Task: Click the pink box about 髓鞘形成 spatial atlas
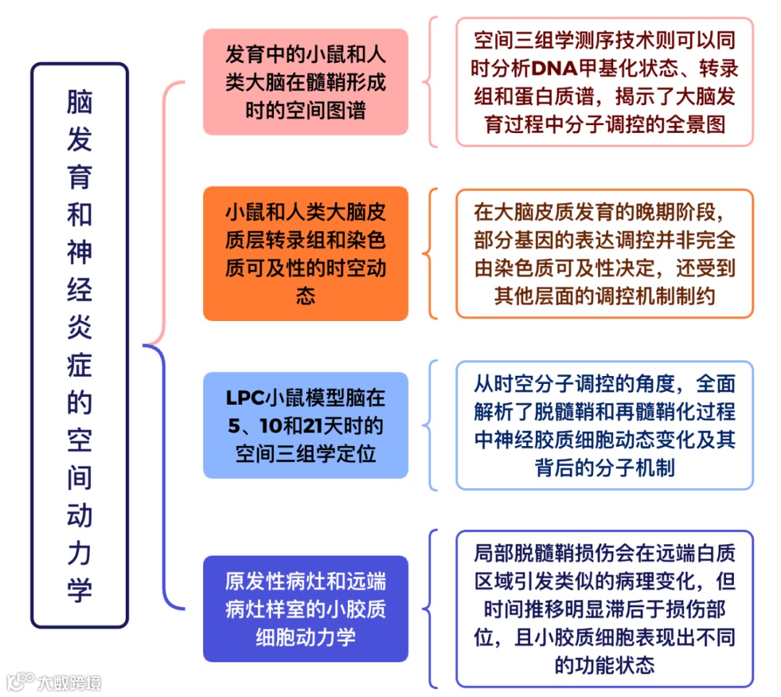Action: click(x=305, y=82)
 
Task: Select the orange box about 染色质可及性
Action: click(x=305, y=254)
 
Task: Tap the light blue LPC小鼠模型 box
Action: click(x=305, y=425)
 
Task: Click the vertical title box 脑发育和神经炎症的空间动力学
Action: click(x=80, y=345)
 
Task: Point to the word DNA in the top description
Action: click(x=553, y=69)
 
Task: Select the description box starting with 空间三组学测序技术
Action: click(x=605, y=82)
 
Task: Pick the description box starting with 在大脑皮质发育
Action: click(x=605, y=254)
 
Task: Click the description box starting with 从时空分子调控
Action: click(x=605, y=425)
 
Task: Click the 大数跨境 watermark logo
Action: click(x=54, y=681)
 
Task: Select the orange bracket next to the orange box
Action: click(x=432, y=254)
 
